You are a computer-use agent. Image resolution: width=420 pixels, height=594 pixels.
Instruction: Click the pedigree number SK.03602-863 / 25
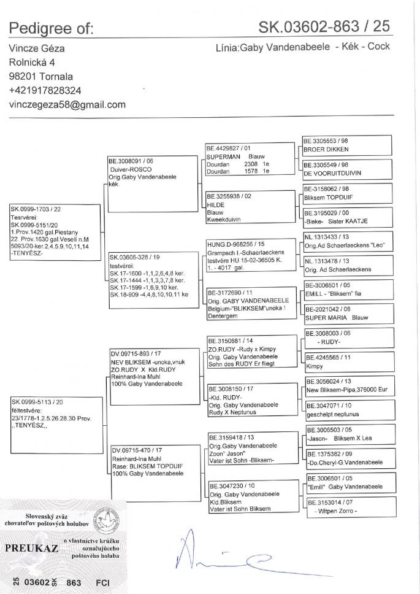point(324,28)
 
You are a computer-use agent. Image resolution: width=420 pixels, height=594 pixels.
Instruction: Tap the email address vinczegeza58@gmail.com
point(67,104)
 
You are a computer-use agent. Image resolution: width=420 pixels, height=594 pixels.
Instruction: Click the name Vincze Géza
point(37,48)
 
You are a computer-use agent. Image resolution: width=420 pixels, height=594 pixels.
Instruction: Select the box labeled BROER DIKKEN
point(348,145)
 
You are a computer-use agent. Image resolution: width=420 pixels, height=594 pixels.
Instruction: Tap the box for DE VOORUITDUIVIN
point(348,169)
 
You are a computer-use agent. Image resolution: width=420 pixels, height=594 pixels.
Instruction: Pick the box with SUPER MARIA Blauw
point(348,314)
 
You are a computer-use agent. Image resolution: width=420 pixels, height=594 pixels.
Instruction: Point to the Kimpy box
point(348,363)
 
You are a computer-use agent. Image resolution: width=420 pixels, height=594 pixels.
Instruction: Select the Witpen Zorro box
point(348,507)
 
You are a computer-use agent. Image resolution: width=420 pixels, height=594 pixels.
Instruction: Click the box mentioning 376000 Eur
point(348,387)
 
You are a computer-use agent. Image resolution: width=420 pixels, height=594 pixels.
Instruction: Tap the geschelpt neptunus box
point(348,411)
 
